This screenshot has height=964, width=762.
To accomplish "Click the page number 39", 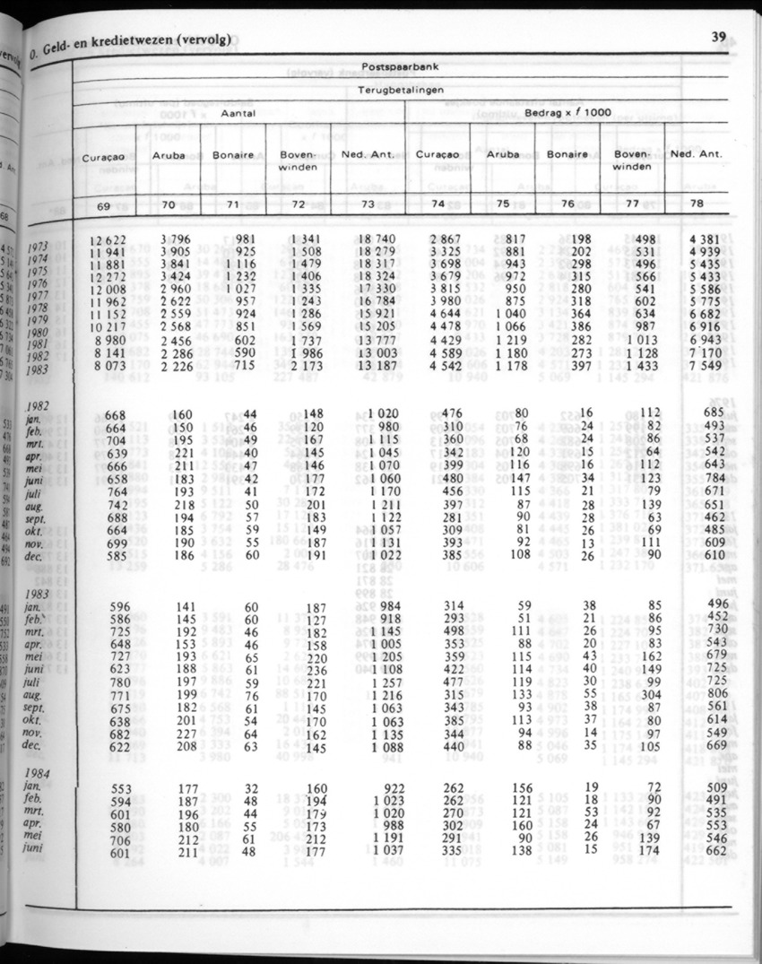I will click(718, 37).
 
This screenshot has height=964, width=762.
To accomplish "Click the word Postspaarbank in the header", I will click(399, 67).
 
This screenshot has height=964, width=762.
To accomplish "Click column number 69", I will click(104, 206).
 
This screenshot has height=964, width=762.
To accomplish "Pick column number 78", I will click(697, 204).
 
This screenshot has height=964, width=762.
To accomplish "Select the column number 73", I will click(367, 204).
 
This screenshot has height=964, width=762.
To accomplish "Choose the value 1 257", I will click(386, 681).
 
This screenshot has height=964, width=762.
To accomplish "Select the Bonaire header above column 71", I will click(233, 155).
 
